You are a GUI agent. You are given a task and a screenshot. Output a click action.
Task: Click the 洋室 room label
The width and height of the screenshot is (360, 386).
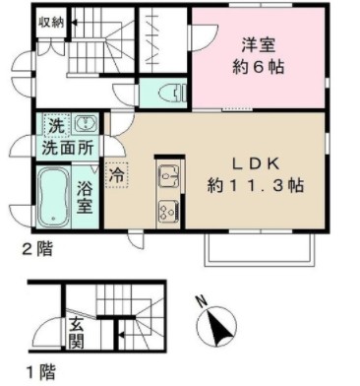click(258, 45)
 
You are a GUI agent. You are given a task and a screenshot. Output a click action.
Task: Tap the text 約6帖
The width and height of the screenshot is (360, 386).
click(258, 67)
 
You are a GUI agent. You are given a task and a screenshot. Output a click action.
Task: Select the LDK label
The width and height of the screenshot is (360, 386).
click(256, 163)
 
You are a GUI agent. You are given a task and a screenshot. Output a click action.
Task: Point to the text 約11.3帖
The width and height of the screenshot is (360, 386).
click(256, 186)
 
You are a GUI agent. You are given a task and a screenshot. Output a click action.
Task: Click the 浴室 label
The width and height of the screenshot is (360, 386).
click(85, 198)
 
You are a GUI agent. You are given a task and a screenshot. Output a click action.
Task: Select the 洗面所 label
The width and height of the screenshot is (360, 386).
click(68, 148)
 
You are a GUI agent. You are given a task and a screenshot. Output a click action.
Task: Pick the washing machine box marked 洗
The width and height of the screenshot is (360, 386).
click(56, 125)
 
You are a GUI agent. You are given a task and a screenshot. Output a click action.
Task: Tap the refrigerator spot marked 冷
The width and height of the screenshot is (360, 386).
click(117, 175)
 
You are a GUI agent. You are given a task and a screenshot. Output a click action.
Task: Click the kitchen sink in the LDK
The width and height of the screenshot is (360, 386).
click(168, 176)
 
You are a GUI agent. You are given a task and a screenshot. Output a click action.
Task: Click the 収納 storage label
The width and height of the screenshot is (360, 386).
click(51, 23)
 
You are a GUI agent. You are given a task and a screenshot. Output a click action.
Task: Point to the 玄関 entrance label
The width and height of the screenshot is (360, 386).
click(76, 333)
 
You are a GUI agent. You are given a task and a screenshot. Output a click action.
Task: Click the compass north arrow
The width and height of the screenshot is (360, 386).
click(217, 327)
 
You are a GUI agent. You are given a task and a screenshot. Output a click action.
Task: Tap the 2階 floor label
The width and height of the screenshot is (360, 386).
click(37, 250)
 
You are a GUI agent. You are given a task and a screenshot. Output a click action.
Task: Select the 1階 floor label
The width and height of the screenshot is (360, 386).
click(40, 372)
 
